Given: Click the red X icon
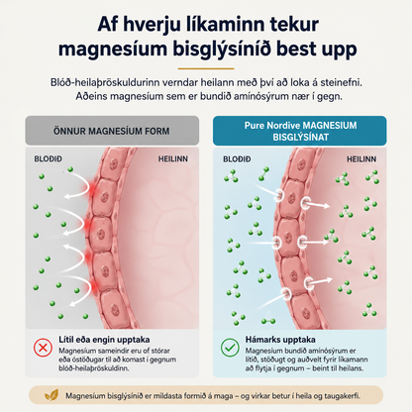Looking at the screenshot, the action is pyautogui.click(x=43, y=348).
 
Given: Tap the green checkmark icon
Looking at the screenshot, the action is pyautogui.click(x=230, y=348).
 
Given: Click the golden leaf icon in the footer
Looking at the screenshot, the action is pyautogui.click(x=51, y=395).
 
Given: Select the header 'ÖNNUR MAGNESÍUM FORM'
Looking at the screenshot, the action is pyautogui.click(x=112, y=131).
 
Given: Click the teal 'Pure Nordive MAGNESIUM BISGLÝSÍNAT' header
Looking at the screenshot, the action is pyautogui.click(x=300, y=131).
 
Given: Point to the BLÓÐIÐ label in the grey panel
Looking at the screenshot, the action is pyautogui.click(x=49, y=159).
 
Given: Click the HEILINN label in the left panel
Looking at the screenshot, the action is pyautogui.click(x=172, y=159).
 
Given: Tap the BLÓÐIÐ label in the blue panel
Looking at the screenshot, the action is pyautogui.click(x=237, y=159).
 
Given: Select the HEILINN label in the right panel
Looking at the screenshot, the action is pyautogui.click(x=361, y=159).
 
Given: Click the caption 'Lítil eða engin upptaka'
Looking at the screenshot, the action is pyautogui.click(x=104, y=340).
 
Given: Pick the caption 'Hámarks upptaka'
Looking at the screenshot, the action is pyautogui.click(x=280, y=340).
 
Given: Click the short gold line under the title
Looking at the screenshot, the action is pyautogui.click(x=206, y=68).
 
